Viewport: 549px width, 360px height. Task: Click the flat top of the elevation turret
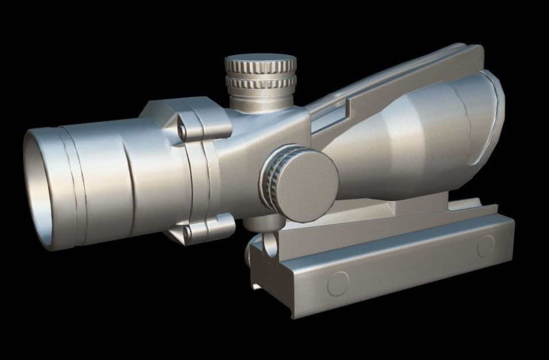point(260,59)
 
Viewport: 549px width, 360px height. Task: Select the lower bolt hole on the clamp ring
point(185,231)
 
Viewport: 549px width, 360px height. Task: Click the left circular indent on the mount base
point(338,283)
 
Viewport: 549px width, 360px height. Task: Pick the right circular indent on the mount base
point(485,246)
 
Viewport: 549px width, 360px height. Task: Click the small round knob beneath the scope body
point(269,243)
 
